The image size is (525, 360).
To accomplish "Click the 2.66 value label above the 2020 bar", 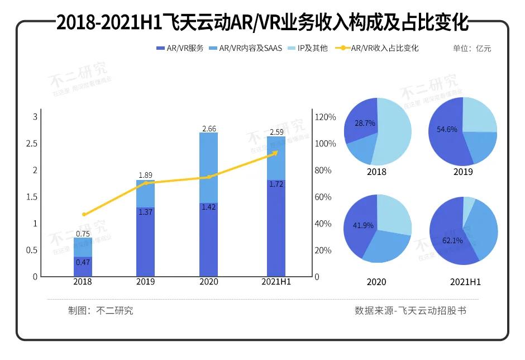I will [x=209, y=129].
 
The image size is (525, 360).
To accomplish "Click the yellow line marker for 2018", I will [x=84, y=215].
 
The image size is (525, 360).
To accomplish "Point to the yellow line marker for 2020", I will [x=209, y=177].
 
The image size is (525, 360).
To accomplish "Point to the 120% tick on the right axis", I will [x=326, y=117].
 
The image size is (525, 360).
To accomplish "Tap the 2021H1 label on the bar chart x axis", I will [x=276, y=282].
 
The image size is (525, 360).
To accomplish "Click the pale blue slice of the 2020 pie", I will [x=394, y=215].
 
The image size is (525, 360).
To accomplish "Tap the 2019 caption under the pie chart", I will [x=462, y=172].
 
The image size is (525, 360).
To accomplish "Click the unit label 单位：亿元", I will [x=472, y=48].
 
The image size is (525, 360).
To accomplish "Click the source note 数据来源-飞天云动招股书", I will [x=410, y=310].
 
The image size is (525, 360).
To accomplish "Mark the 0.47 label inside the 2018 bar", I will [x=83, y=262].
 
